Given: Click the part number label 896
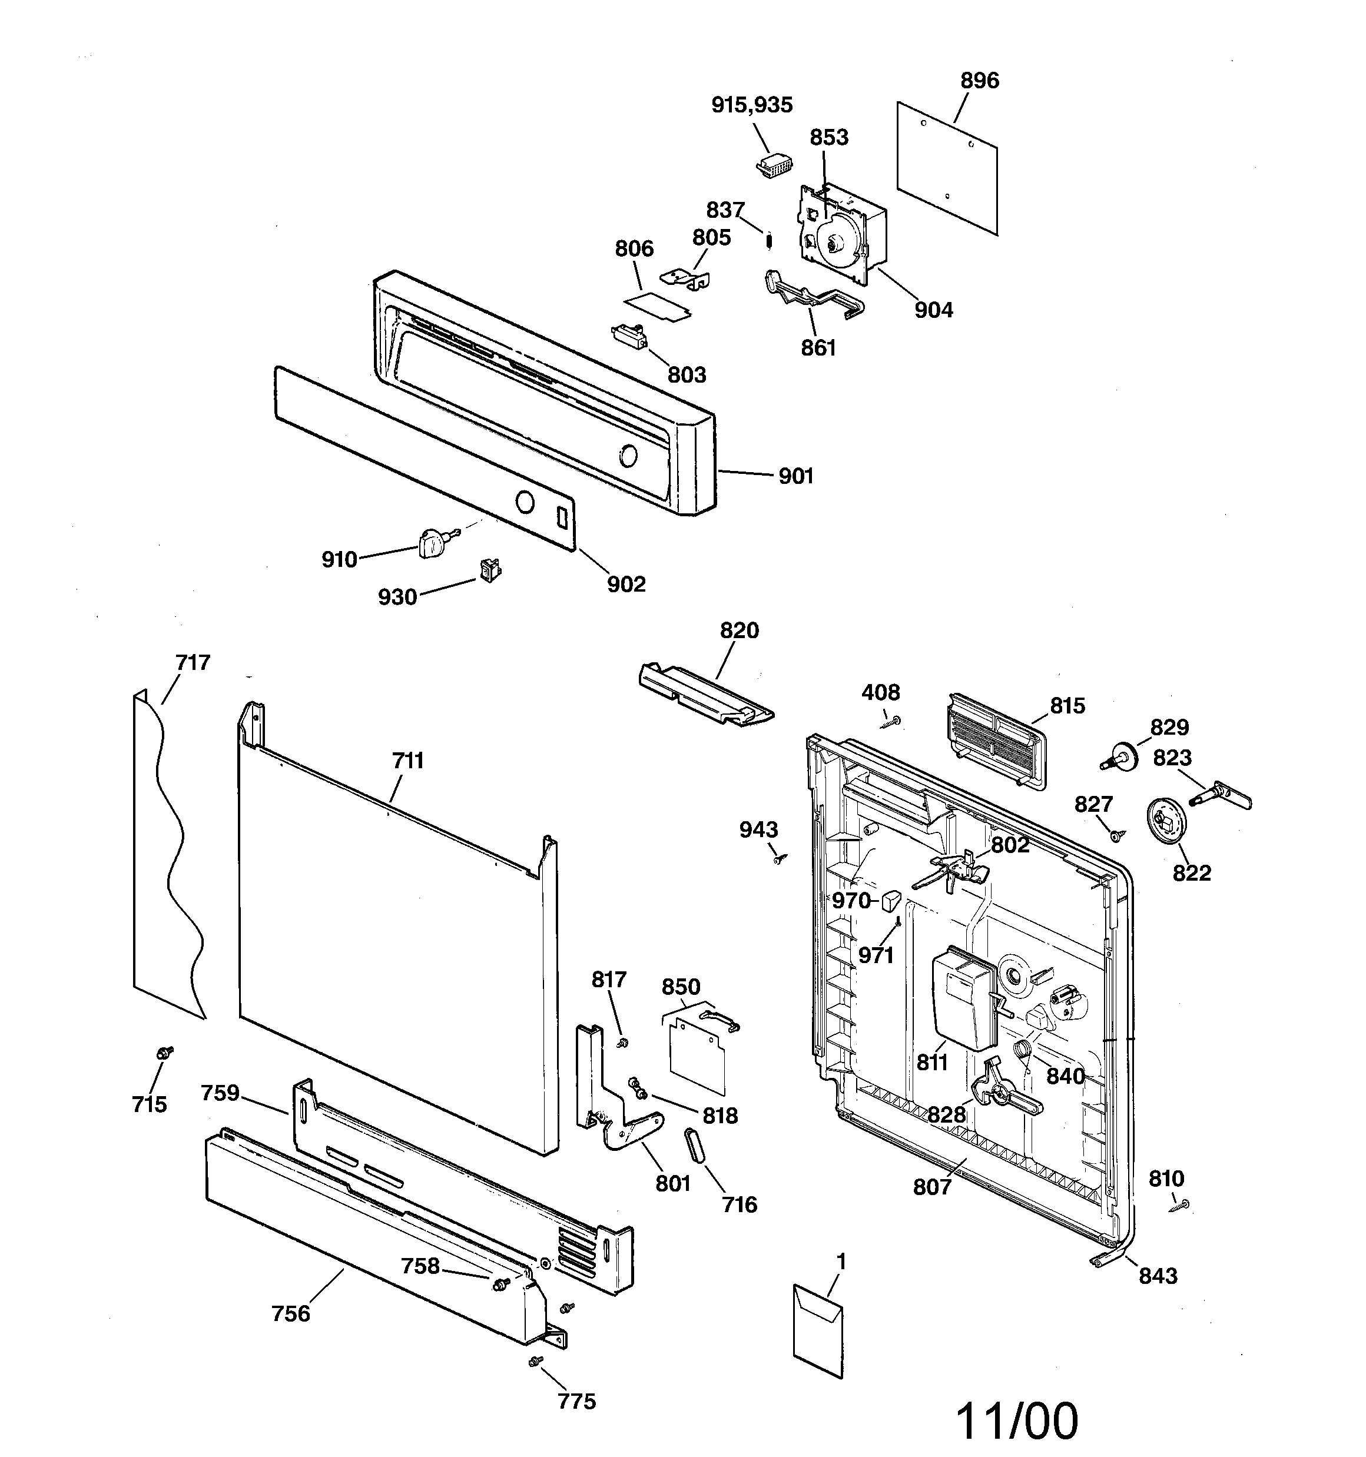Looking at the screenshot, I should pos(980,80).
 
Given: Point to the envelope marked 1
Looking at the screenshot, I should pos(818,1329).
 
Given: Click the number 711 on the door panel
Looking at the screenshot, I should pos(407,761).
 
